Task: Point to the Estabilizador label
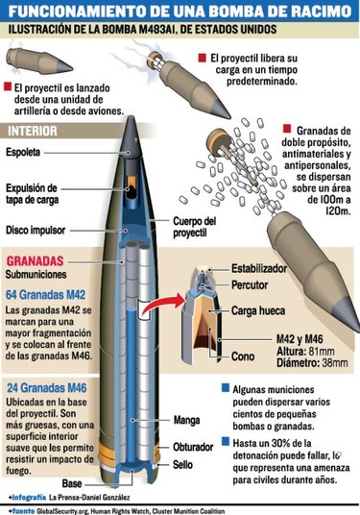point(264,271)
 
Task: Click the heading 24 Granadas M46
point(47,384)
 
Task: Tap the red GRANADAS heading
point(35,260)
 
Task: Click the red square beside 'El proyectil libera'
point(201,60)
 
